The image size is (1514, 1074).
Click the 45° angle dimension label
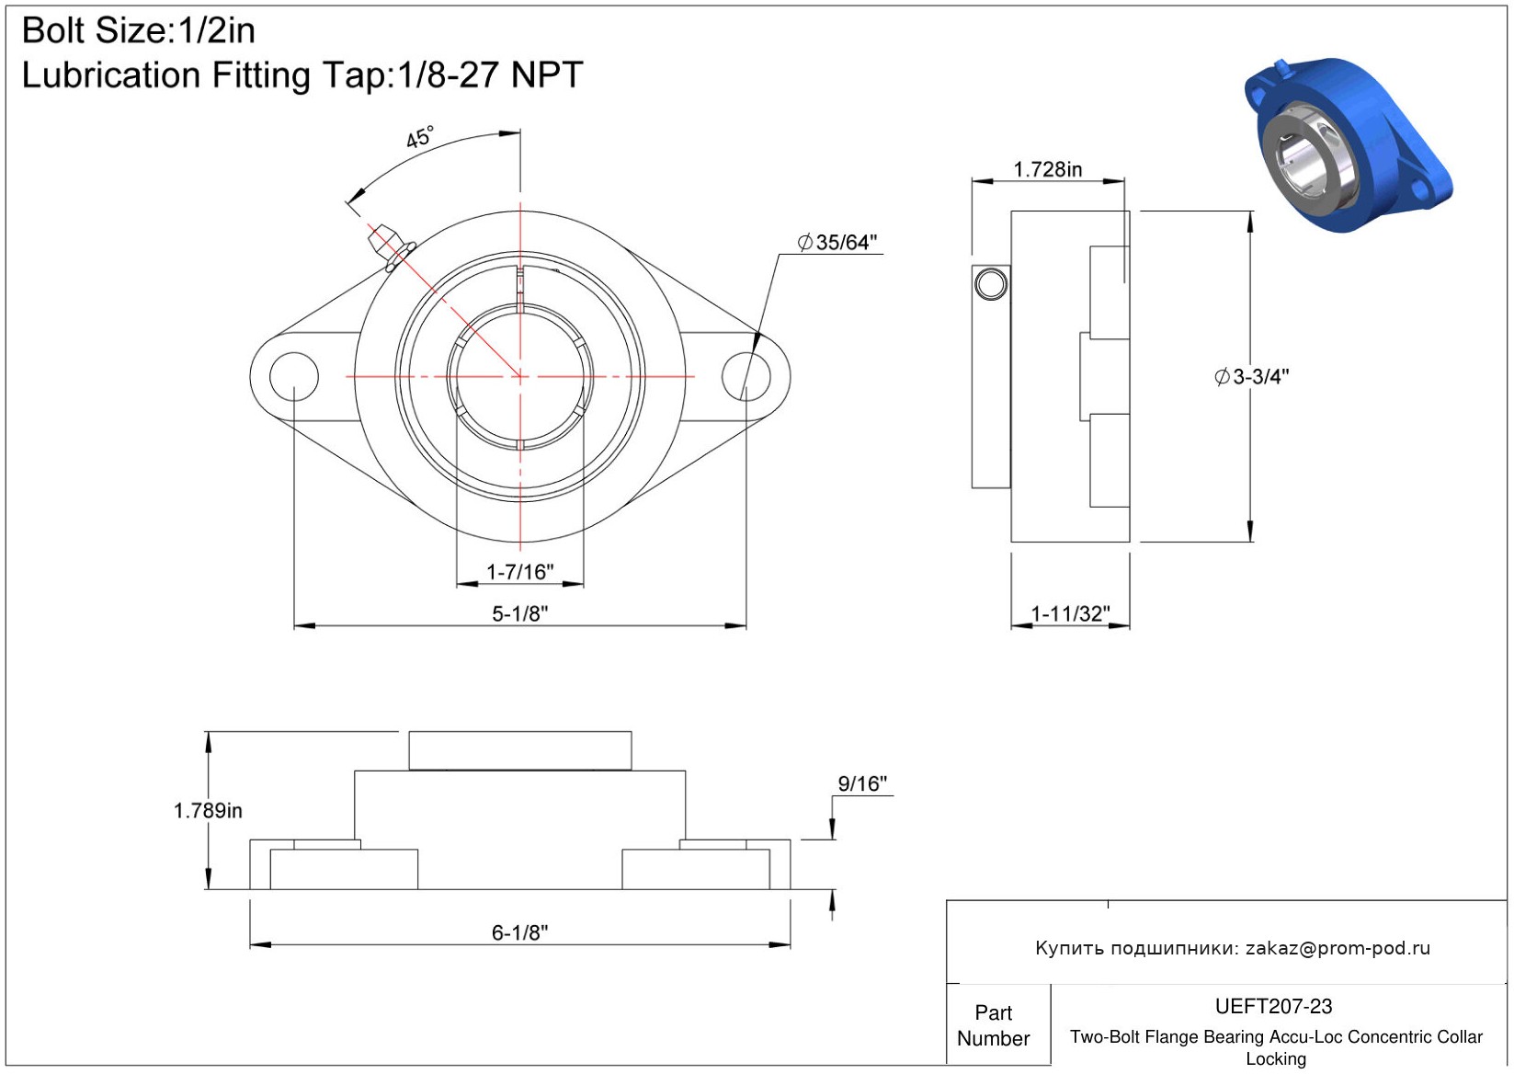point(420,137)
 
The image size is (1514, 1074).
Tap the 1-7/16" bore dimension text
point(519,572)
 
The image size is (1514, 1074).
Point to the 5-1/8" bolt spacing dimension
point(519,613)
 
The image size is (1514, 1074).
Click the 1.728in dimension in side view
point(1048,169)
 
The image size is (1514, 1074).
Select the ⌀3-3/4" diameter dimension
point(1251,376)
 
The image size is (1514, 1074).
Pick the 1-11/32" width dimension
point(1070,613)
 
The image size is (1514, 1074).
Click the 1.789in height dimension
point(208,810)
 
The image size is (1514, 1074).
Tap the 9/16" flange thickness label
point(861,783)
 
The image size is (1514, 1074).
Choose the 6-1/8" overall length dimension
point(519,932)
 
